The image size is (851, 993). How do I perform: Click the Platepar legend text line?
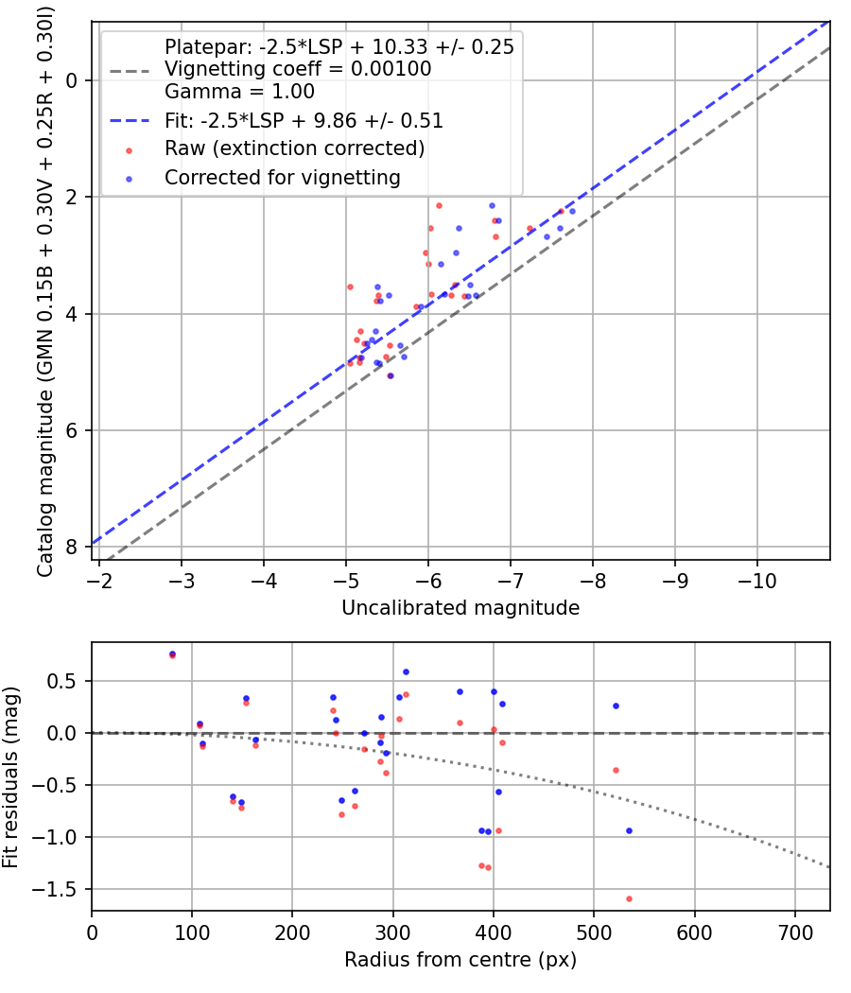pyautogui.click(x=339, y=47)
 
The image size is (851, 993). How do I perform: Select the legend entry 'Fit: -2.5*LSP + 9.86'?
pyautogui.click(x=304, y=121)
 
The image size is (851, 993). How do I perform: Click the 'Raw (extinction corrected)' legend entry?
pyautogui.click(x=294, y=149)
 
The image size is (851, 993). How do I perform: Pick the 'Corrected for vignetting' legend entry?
pyautogui.click(x=282, y=178)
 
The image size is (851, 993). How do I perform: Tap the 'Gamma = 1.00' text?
pyautogui.click(x=239, y=92)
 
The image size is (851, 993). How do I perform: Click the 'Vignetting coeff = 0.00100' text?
pyautogui.click(x=298, y=69)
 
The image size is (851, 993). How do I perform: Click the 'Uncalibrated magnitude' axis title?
pyautogui.click(x=460, y=608)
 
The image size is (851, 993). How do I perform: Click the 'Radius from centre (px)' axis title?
pyautogui.click(x=460, y=960)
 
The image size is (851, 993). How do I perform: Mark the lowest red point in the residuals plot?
pyautogui.click(x=629, y=898)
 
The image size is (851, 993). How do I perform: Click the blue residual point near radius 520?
pyautogui.click(x=616, y=706)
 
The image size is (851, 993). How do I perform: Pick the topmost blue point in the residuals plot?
pyautogui.click(x=172, y=653)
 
